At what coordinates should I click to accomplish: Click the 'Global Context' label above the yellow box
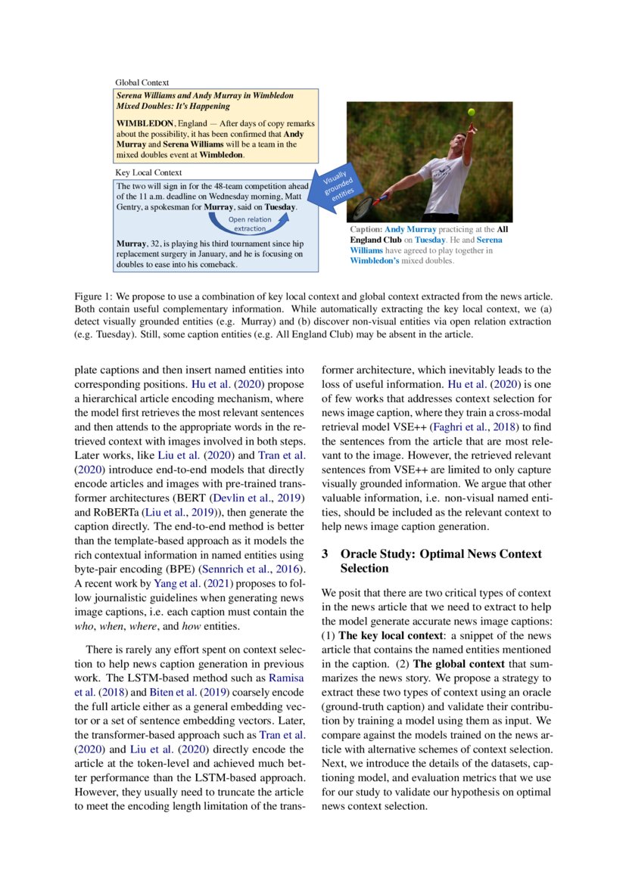[x=142, y=82]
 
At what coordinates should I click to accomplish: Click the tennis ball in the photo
[x=471, y=111]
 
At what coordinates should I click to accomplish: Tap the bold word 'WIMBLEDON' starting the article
[x=145, y=123]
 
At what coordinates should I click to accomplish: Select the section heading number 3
[x=325, y=554]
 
